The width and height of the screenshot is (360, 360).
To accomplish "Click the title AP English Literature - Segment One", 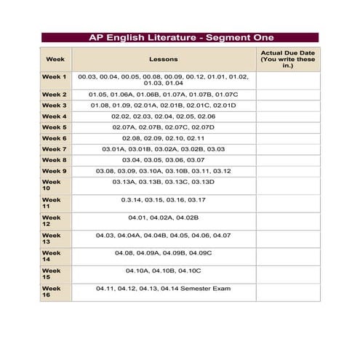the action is click(179, 37).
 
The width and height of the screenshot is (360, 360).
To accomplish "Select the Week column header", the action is click(55, 58).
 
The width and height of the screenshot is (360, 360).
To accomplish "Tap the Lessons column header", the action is click(163, 58).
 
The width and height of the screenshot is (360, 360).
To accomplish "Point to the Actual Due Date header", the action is click(287, 58).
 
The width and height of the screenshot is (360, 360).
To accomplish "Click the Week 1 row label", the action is click(55, 76).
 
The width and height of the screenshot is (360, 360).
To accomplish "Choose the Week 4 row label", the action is click(55, 116).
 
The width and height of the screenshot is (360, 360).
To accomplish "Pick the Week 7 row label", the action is click(55, 149).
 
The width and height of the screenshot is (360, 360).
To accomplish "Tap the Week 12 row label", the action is click(52, 221).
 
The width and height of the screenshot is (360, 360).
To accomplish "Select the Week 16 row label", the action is click(52, 292).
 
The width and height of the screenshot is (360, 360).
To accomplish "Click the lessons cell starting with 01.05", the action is click(163, 95).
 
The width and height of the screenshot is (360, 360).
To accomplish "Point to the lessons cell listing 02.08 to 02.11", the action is click(163, 138).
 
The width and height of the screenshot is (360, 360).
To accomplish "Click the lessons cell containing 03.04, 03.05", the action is click(163, 160).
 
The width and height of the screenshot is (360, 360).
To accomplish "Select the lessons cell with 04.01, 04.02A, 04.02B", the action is click(163, 217).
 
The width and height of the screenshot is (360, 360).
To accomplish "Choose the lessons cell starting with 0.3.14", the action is click(163, 199).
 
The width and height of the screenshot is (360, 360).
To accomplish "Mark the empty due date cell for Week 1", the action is click(287, 80).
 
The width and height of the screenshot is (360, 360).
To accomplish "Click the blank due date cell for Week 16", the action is click(287, 292).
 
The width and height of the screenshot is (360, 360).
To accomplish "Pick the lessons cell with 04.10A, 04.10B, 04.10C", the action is click(163, 271).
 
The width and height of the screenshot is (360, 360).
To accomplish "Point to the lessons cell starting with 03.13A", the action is click(163, 182).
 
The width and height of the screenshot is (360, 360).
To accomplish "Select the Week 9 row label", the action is click(55, 171).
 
